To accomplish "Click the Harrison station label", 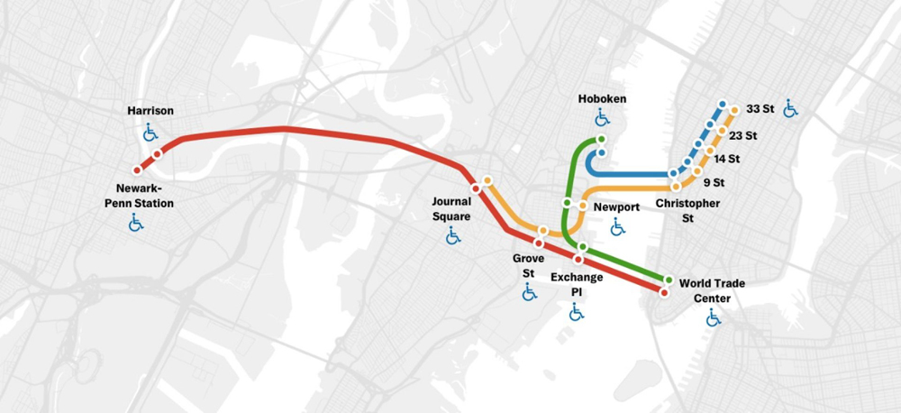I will (x=150, y=111).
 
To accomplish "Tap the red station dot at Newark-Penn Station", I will (x=137, y=170).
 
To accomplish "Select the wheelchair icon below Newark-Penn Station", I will (x=136, y=222).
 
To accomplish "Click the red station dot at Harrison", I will (x=158, y=154).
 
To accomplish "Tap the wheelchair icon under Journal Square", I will (x=452, y=236).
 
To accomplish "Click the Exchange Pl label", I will (x=577, y=284).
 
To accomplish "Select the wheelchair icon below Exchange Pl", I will (x=577, y=312).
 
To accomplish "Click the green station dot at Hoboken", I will (x=601, y=140).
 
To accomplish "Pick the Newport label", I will (x=617, y=207).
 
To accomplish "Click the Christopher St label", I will (x=687, y=210).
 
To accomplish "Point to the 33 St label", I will (x=760, y=109).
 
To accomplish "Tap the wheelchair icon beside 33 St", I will (x=790, y=109).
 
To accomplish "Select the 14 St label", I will (x=726, y=159).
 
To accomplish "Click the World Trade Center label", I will (x=712, y=290).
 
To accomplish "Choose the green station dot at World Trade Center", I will (x=669, y=280).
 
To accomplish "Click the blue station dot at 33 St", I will (x=723, y=105).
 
